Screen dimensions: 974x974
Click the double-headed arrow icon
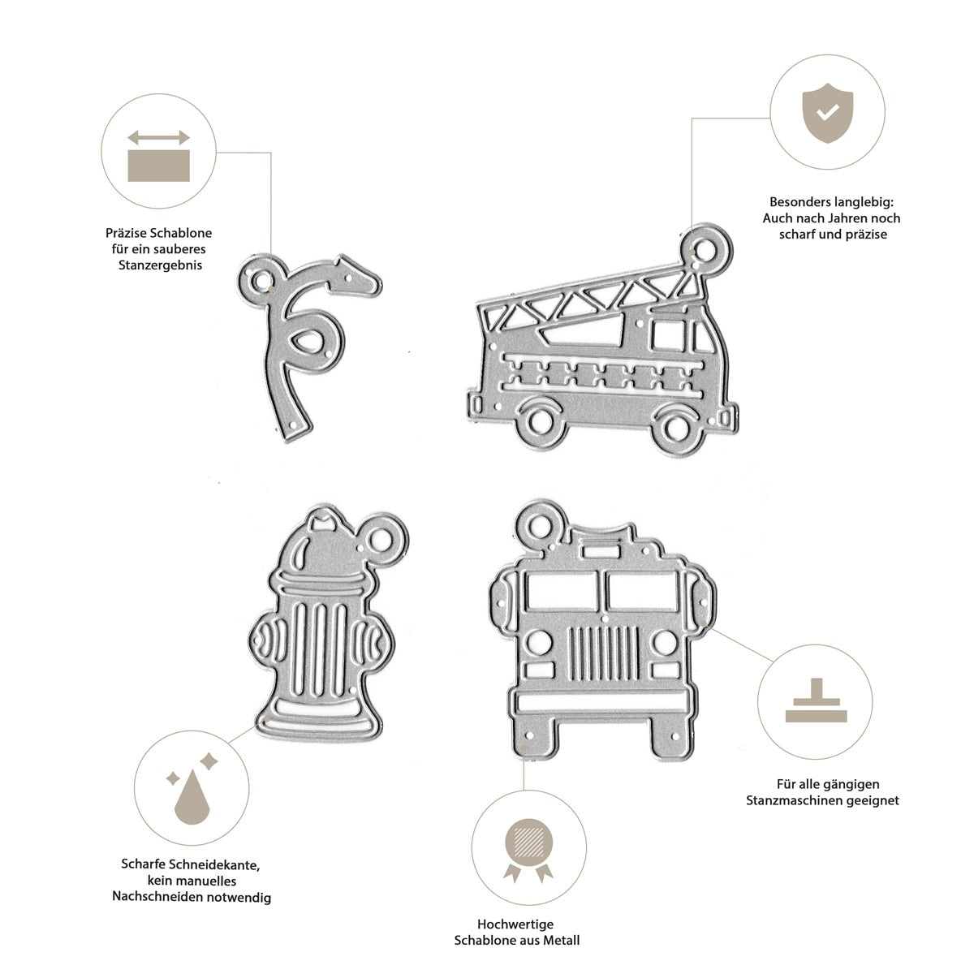tap(158, 137)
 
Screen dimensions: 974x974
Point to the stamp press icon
tap(816, 700)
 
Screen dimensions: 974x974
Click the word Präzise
tap(127, 234)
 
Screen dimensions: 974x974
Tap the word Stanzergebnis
tap(160, 265)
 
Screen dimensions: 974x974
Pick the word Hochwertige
tap(515, 924)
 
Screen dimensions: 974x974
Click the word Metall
tap(561, 941)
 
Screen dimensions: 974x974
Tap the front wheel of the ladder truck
tap(675, 428)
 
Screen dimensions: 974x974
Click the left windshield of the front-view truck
tap(562, 591)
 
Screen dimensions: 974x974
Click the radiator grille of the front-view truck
tap(604, 653)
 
